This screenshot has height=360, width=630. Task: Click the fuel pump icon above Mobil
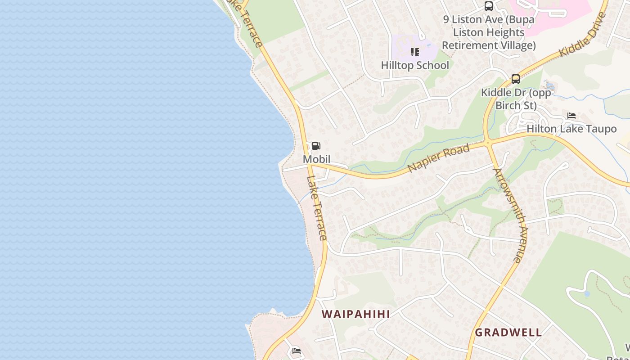click(316, 146)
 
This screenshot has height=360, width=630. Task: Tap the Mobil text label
click(316, 159)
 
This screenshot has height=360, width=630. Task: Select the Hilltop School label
click(415, 65)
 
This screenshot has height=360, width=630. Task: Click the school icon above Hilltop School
click(414, 52)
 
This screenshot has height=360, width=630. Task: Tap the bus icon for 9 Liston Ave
click(489, 6)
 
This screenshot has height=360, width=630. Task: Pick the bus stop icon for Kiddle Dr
click(516, 79)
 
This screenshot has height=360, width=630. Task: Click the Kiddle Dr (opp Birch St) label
click(516, 99)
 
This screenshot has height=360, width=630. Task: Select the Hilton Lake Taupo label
click(571, 129)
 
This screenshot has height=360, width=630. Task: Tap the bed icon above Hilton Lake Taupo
click(571, 116)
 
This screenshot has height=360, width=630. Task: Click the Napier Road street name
click(439, 157)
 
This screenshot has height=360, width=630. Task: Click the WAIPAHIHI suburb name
click(356, 314)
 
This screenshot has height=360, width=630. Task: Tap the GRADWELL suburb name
click(508, 333)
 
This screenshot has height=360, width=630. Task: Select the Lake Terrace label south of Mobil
click(316, 208)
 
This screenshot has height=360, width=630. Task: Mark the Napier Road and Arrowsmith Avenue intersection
click(488, 143)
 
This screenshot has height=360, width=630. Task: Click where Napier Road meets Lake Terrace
click(310, 165)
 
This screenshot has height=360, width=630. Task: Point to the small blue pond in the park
click(586, 294)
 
